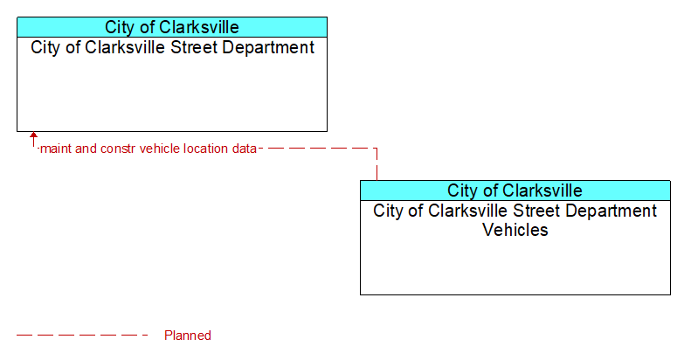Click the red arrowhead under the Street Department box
(33, 135)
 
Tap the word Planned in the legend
(188, 336)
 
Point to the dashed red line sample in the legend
(82, 336)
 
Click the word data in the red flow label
(245, 149)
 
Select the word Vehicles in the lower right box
(515, 230)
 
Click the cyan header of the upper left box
(172, 27)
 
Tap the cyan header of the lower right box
(515, 190)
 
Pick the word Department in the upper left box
(268, 47)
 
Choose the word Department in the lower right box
(611, 211)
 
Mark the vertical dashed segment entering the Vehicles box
(377, 164)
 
